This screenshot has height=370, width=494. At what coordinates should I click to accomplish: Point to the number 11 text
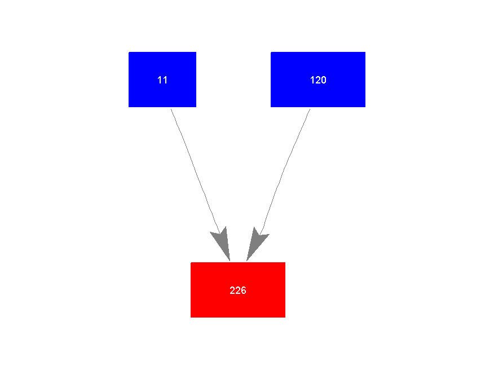162,80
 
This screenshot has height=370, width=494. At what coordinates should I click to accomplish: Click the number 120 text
318,80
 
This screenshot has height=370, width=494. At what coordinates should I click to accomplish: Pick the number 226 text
238,290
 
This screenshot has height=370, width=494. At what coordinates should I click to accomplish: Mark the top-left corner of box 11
129,52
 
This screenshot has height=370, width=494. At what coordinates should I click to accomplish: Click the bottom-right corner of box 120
365,107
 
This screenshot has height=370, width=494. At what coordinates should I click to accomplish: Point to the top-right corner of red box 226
285,263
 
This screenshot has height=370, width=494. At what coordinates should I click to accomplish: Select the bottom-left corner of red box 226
191,317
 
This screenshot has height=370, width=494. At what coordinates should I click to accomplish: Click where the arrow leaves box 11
171,108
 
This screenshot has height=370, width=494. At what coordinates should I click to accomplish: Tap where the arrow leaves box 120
310,108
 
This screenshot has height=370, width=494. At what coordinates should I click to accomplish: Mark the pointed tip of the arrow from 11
230,261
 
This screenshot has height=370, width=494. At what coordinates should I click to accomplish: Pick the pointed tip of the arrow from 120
246,261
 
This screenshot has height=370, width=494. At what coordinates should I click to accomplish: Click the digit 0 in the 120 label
323,80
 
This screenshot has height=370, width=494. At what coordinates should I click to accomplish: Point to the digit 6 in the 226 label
243,290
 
